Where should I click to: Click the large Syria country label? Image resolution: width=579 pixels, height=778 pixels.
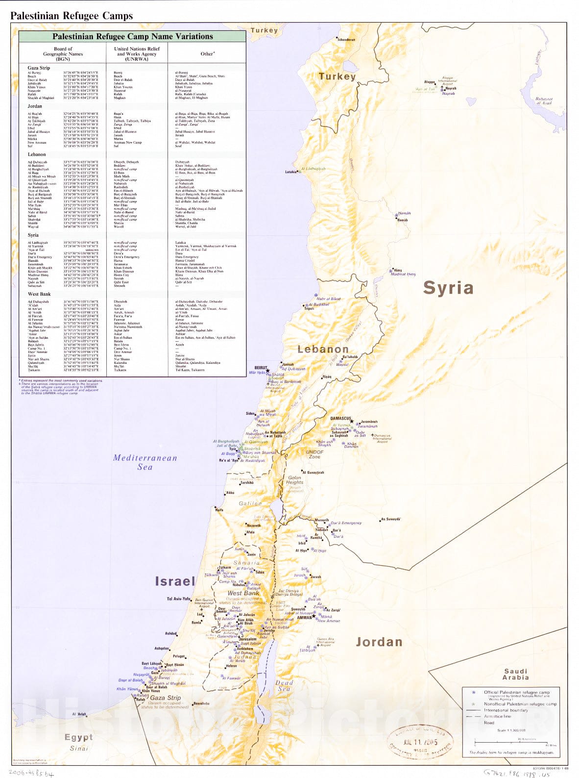point(448,288)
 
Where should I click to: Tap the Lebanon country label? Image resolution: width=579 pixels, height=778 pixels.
point(323,349)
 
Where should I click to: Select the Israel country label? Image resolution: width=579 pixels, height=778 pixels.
point(175,581)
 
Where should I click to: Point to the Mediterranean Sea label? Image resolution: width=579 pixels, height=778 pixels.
point(145,462)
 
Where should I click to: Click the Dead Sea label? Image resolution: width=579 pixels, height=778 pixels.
point(284,685)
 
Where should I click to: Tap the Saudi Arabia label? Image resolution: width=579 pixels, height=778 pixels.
point(515,674)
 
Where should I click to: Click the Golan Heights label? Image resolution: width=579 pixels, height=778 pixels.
point(295,480)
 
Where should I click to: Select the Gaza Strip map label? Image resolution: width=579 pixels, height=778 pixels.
point(165,698)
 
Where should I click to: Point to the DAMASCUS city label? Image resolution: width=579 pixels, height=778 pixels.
point(342,418)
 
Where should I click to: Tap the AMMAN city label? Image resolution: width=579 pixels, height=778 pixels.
point(305,618)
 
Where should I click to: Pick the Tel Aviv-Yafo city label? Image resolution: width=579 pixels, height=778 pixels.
point(178,599)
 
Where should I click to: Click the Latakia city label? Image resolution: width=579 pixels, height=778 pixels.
point(290,172)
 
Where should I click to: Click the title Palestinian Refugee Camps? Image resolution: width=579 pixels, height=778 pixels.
point(72,16)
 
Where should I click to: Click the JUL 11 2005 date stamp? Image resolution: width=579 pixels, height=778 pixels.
point(420,742)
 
